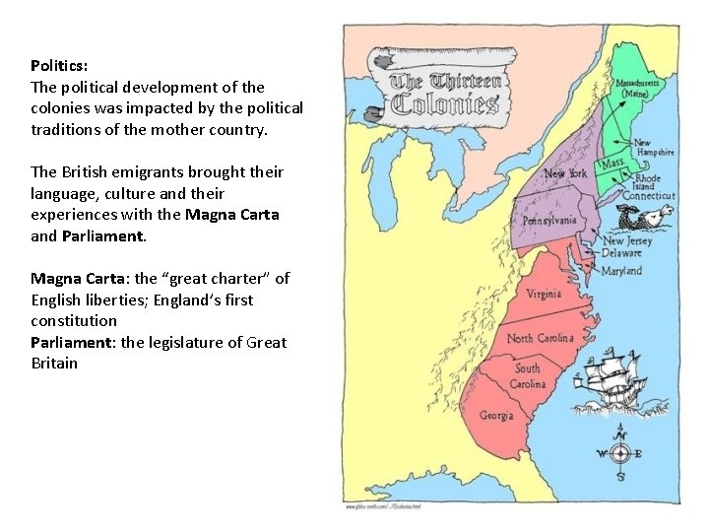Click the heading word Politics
click(59, 66)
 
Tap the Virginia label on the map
click(544, 295)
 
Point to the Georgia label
click(496, 416)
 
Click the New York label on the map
click(565, 174)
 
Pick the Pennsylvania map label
click(549, 221)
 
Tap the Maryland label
click(621, 271)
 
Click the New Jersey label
click(626, 240)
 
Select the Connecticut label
click(649, 195)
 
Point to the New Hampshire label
click(654, 148)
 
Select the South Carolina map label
click(528, 376)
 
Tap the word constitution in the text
click(74, 321)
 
